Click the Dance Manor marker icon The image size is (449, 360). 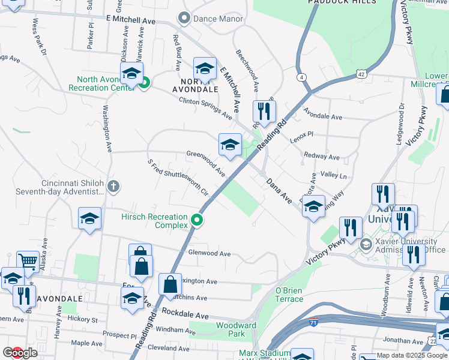[x=184, y=19]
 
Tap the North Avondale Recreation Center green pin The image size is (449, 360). [x=144, y=83]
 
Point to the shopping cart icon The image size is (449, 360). [x=28, y=262]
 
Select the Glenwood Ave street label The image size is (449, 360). [x=209, y=254]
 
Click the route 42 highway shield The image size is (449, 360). [x=360, y=73]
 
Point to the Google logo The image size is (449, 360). [x=19, y=353]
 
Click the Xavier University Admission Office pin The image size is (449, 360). [x=365, y=245]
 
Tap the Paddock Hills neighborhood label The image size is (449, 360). [x=342, y=2]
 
